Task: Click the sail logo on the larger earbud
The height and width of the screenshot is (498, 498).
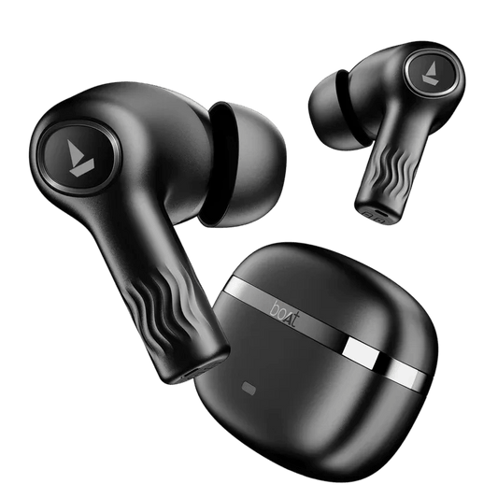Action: tap(80, 158)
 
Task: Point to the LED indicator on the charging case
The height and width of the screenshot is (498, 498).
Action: tap(249, 388)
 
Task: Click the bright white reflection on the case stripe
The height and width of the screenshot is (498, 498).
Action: tap(363, 351)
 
